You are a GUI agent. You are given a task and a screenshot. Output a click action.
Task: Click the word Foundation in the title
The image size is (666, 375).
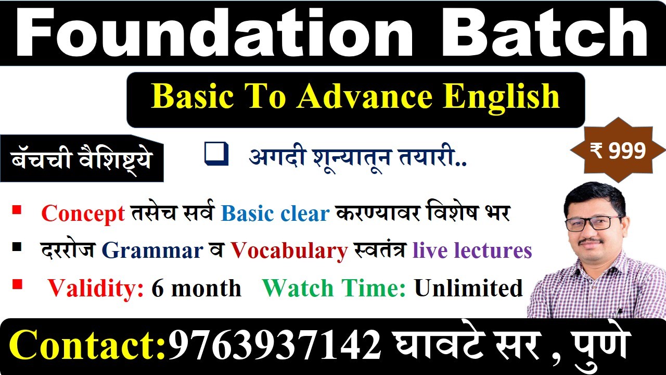coord(213,33)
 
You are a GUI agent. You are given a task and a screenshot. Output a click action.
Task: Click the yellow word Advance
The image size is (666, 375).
coord(365,96)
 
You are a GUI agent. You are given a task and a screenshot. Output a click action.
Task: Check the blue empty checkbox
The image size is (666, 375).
coord(216,154)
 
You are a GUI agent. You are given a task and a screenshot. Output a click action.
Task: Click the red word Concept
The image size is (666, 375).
coord(83,214)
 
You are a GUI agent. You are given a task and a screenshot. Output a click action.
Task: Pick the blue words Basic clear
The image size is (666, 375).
coord(275,214)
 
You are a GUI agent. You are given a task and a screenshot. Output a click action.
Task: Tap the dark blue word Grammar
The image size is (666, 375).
coord(152,251)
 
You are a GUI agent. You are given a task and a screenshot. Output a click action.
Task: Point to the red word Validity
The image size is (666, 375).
coord(96,289)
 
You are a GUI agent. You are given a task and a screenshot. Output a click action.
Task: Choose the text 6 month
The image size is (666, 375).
coord(197,288)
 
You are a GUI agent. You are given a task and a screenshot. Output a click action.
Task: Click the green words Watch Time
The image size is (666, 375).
coord(334,288)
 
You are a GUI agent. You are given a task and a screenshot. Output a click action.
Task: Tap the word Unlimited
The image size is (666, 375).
coord(469,288)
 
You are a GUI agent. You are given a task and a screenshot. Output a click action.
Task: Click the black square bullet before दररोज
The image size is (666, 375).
coord(17,247)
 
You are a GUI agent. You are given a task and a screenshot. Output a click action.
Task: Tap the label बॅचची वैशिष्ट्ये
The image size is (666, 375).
coord(82,159)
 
